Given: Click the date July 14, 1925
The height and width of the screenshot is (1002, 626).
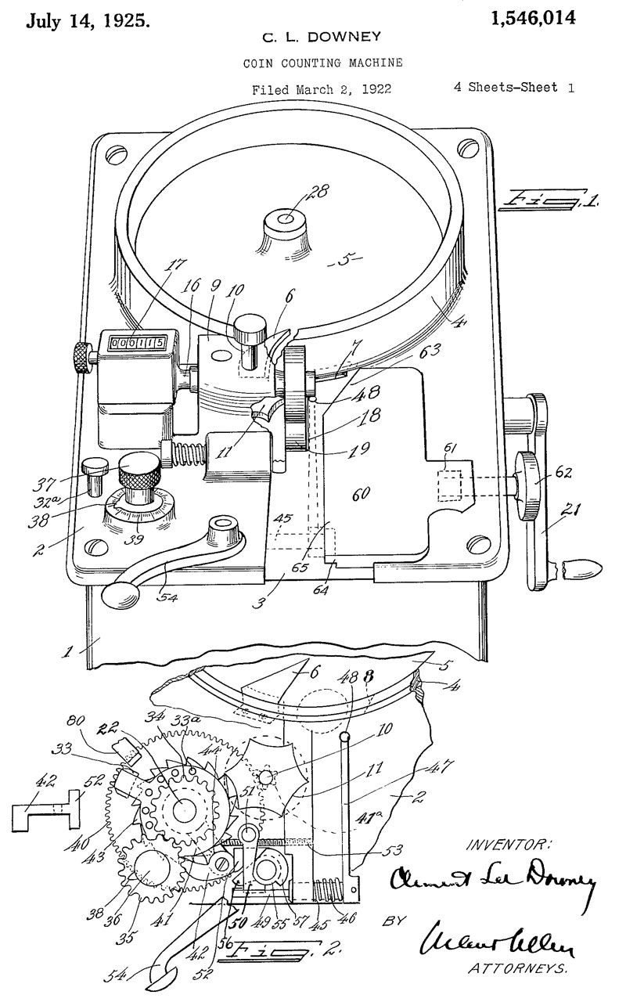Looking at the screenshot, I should tap(87, 21).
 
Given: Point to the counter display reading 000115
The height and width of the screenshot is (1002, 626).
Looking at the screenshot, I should tap(137, 342).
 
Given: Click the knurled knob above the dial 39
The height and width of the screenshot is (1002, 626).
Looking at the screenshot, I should tap(140, 470).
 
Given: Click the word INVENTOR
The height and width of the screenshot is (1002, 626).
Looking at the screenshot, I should tap(509, 845).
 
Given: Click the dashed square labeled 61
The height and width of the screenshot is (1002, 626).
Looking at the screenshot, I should tap(451, 486).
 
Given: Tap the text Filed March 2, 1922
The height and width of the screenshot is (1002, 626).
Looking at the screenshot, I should tap(322, 89).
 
